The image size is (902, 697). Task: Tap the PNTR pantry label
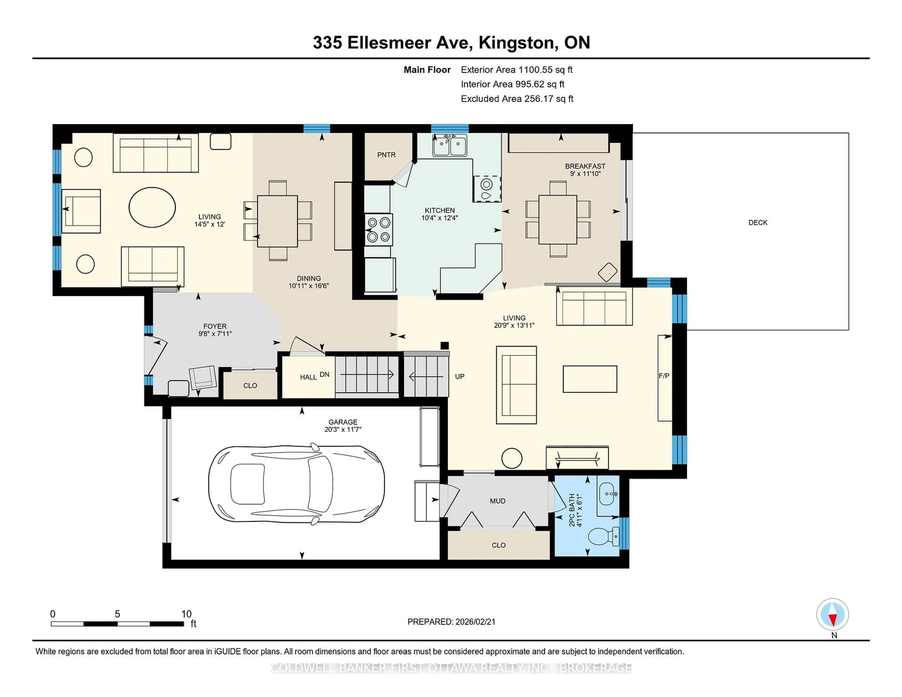point(386,155)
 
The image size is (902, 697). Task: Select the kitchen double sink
point(450,146)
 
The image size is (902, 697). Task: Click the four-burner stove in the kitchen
point(378,230)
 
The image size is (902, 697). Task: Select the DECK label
point(758,223)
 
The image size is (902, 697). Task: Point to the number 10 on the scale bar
point(186,614)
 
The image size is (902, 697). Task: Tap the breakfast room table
point(558,220)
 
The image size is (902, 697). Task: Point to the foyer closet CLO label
point(250,386)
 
